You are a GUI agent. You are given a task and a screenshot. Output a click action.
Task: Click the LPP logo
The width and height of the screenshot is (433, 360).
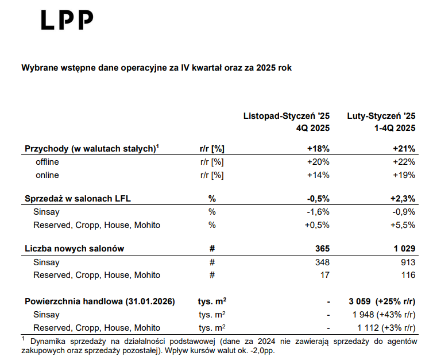[67, 20]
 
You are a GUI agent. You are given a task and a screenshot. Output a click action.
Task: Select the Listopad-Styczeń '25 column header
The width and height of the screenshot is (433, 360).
[287, 116]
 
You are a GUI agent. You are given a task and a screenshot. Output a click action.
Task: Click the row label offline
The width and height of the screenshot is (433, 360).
[47, 162]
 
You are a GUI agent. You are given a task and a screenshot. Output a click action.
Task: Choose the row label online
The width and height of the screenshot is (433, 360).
[47, 175]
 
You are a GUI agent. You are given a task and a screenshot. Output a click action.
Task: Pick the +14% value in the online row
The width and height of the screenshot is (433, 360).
[318, 175]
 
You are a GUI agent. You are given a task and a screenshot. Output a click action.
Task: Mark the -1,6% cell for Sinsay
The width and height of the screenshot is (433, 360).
[318, 212]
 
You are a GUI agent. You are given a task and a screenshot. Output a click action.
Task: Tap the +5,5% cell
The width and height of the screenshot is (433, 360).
[403, 224]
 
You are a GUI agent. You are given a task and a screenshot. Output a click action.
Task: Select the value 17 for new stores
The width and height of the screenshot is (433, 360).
[324, 274]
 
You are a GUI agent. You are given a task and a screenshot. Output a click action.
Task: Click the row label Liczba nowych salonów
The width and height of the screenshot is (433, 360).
[74, 249]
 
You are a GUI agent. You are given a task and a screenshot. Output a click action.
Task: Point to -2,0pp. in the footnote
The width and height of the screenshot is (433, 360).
[262, 350]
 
